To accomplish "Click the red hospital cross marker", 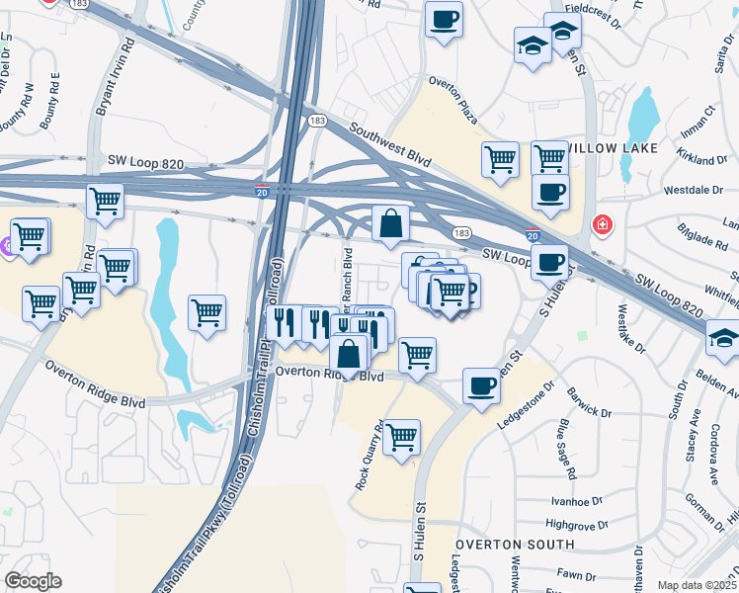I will pyautogui.click(x=601, y=226).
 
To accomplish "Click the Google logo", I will pyautogui.click(x=33, y=581).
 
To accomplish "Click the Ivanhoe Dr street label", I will pyautogui.click(x=576, y=501).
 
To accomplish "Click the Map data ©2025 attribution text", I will pyautogui.click(x=696, y=585).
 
